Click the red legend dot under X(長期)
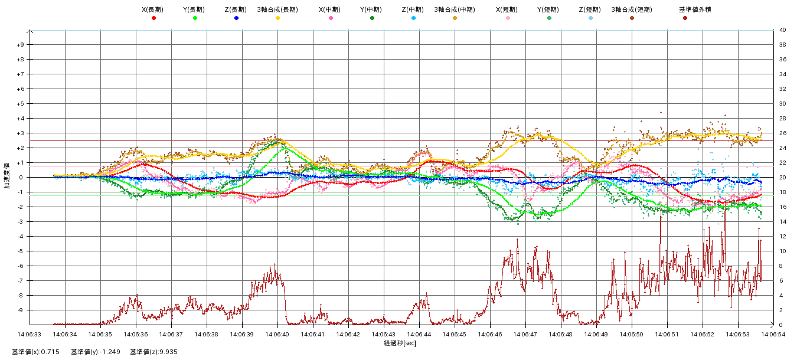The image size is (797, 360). click(153, 18)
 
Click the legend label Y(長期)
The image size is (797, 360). click(194, 9)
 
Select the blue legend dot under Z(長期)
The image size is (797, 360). click(236, 18)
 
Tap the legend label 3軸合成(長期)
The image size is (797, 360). click(277, 9)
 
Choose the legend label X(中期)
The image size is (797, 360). click(330, 9)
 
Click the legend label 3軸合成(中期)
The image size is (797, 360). click(455, 9)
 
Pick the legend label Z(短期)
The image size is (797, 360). click(590, 9)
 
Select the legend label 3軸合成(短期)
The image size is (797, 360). click(631, 9)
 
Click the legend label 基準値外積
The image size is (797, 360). click(685, 9)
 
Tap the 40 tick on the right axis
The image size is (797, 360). click(782, 30)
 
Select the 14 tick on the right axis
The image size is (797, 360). click(782, 222)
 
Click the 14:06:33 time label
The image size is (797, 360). click(30, 334)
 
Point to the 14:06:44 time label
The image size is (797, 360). click(419, 334)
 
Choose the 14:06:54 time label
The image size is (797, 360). click(773, 334)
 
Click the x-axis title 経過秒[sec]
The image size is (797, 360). click(400, 343)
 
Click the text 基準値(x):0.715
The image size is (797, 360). click(35, 352)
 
